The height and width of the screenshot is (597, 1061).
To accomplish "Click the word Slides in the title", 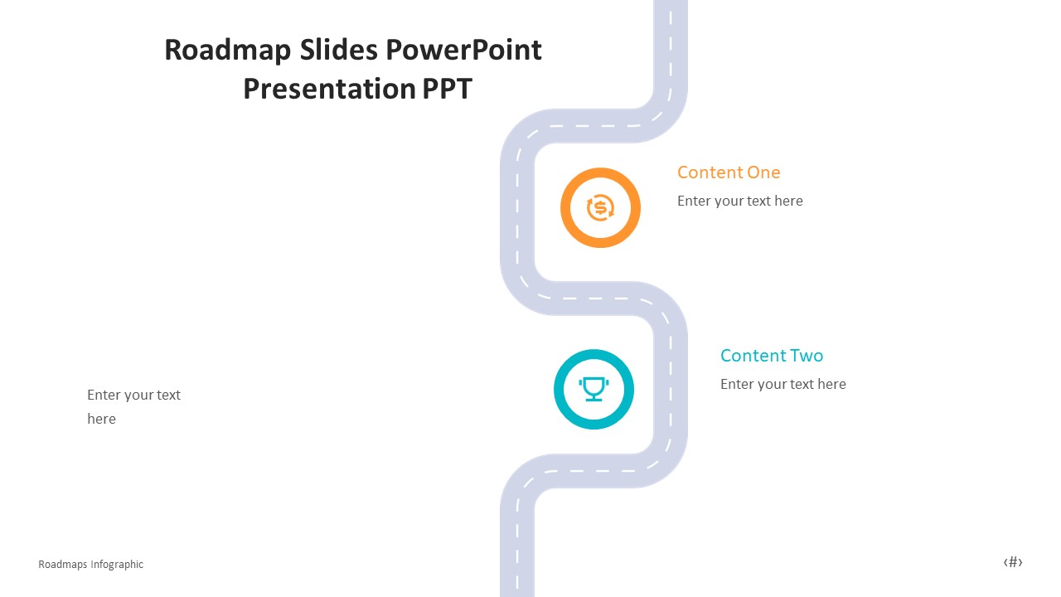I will pos(323,51).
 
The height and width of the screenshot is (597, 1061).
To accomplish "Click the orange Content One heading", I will pos(729,172).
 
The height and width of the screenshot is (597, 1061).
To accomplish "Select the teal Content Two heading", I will pos(771,356).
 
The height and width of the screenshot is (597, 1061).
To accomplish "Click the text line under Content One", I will pos(739,201).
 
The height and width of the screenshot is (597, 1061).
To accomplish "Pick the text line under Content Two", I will pos(782,384).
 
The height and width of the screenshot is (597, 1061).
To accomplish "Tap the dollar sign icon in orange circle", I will pos(600,207).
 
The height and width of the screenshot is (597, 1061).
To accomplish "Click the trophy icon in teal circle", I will pos(593,389).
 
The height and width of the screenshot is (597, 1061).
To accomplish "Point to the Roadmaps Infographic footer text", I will pos(90,565).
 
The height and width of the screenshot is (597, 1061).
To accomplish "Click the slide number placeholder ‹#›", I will pos(1013,562).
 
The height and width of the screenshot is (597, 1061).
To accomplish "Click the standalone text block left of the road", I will pos(133,406).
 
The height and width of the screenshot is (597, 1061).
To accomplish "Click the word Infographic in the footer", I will pos(117,565).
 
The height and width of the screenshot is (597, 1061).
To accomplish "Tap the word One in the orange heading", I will pos(763,172).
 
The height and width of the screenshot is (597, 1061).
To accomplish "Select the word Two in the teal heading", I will pos(806,356).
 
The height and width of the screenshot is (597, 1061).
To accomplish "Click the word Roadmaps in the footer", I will pos(63,565).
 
